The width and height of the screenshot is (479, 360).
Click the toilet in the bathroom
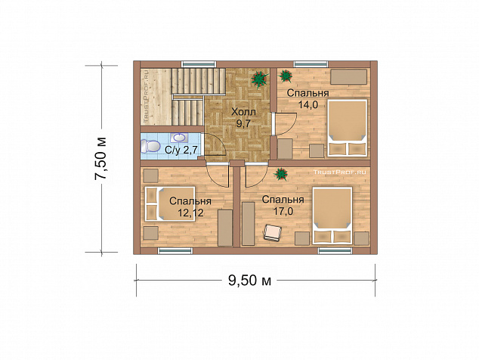(150, 146)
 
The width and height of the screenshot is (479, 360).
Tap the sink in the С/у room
(181, 138)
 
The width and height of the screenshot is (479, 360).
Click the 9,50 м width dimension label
(249, 280)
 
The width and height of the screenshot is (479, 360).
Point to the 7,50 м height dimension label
(100, 159)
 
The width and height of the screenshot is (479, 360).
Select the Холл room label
(243, 112)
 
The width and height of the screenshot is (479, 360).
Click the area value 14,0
(308, 105)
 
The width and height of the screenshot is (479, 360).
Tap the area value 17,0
(283, 211)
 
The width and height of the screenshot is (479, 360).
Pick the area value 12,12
(190, 213)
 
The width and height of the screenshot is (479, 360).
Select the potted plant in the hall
(259, 79)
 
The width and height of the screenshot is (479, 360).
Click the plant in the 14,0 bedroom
(286, 76)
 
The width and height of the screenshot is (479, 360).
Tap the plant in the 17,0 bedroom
(281, 175)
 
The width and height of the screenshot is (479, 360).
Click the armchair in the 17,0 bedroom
(273, 233)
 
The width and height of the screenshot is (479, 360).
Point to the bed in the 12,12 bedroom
(170, 203)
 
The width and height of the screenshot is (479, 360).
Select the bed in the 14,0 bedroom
(348, 128)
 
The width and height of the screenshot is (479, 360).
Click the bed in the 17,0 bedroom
(332, 216)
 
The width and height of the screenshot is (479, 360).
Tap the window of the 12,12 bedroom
(175, 251)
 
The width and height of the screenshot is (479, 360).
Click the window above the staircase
(199, 64)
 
